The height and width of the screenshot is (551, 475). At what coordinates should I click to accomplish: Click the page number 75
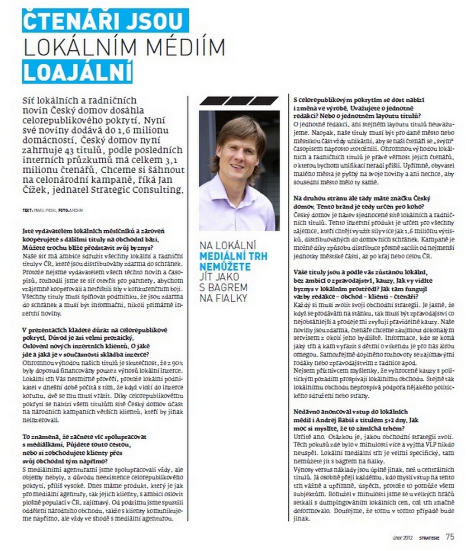point(450,538)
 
